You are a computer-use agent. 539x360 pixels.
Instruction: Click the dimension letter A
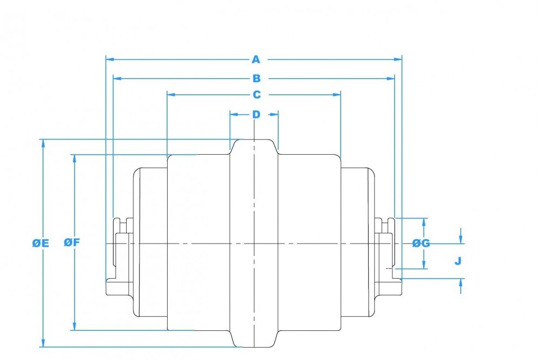pyautogui.click(x=255, y=59)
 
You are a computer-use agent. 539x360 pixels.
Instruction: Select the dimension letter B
pyautogui.click(x=257, y=79)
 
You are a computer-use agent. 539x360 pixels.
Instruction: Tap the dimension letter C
pyautogui.click(x=257, y=94)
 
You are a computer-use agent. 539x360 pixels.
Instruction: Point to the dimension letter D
pyautogui.click(x=256, y=114)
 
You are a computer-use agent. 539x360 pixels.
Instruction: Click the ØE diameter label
pyautogui.click(x=40, y=244)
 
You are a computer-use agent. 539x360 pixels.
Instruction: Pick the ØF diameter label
pyautogui.click(x=72, y=243)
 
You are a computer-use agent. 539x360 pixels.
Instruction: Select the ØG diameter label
pyautogui.click(x=421, y=244)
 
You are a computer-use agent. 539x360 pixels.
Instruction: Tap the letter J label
pyautogui.click(x=458, y=261)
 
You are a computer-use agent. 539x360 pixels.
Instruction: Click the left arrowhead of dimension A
pyautogui.click(x=109, y=59)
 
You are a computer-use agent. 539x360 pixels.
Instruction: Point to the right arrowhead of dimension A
pyautogui.click(x=398, y=59)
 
